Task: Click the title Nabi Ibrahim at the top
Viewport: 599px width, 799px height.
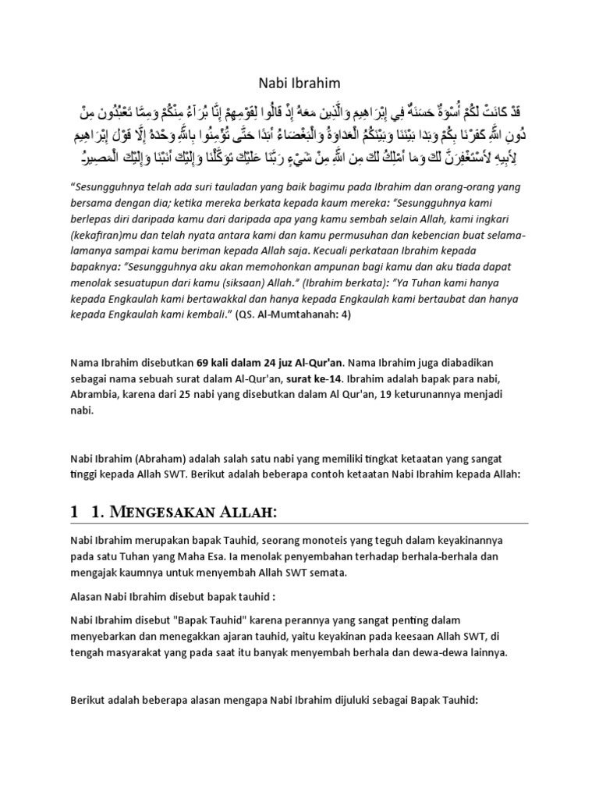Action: (x=299, y=83)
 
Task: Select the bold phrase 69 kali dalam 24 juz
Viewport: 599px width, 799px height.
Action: (x=243, y=363)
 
